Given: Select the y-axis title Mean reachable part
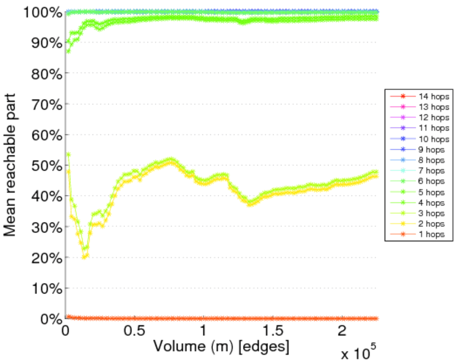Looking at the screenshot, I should pyautogui.click(x=10, y=165).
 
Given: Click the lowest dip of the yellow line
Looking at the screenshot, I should pyautogui.click(x=85, y=257).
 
